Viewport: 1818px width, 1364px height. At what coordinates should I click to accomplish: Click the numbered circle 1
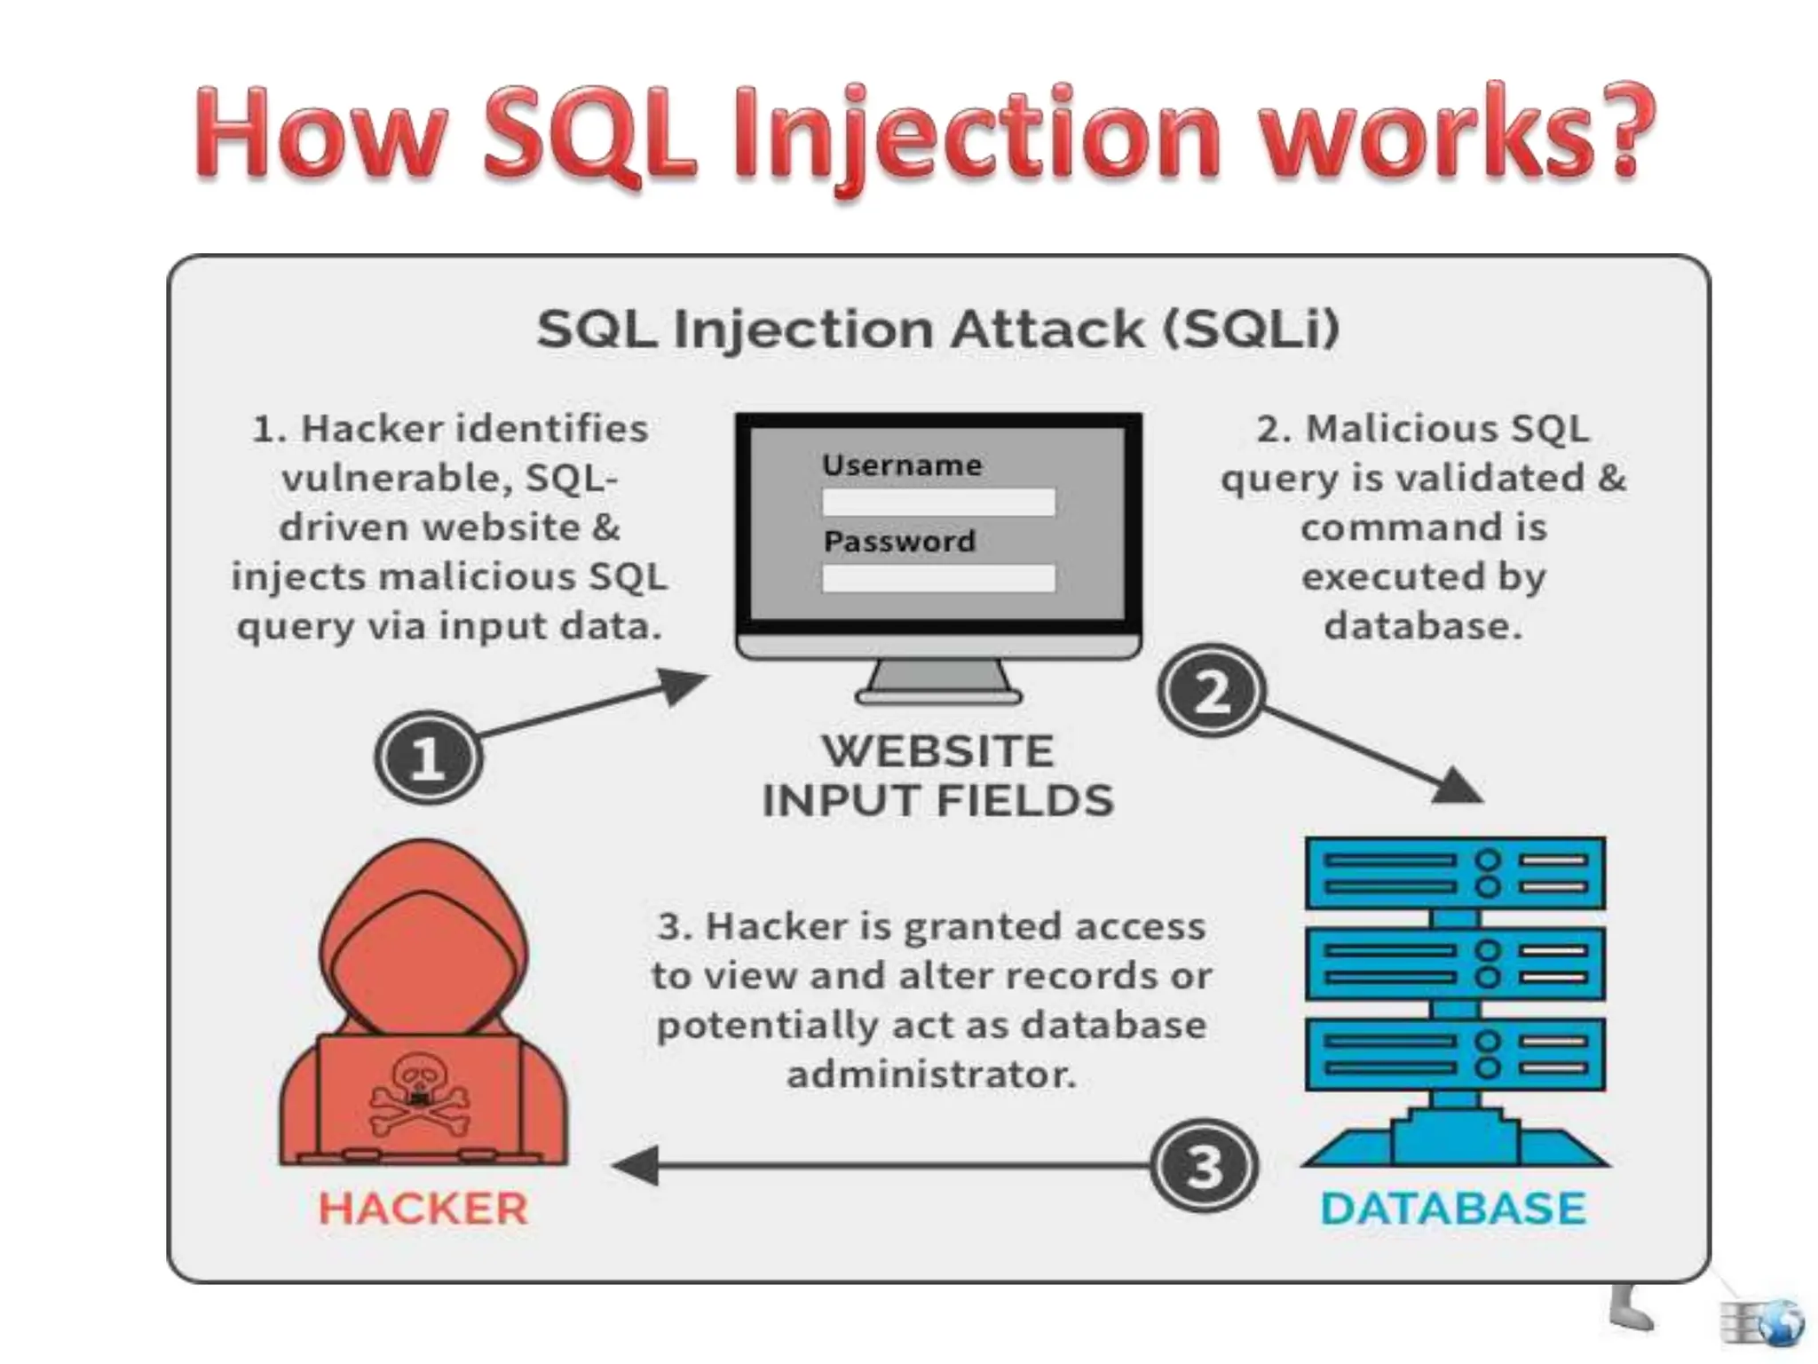429,757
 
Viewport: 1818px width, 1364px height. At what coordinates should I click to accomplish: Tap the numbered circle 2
1211,691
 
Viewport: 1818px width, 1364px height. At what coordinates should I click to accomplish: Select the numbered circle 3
1204,1165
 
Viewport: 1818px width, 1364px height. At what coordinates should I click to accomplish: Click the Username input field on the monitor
938,503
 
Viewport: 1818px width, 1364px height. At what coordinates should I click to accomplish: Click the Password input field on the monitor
938,579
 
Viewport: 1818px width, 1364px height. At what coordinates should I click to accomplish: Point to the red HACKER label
423,1209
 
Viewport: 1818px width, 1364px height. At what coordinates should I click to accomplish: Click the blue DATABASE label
1453,1209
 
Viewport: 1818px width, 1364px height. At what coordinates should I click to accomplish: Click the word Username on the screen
902,464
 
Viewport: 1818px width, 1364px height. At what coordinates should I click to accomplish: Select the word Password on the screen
899,541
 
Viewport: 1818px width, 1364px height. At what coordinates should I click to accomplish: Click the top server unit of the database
1455,873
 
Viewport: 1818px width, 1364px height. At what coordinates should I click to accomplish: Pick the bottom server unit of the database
1455,1054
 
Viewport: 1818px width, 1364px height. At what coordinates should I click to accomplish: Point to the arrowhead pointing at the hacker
636,1165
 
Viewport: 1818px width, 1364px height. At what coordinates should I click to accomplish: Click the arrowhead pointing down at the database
1456,785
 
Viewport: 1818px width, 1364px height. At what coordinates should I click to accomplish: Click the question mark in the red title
1620,133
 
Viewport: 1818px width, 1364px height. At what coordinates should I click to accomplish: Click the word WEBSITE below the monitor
937,751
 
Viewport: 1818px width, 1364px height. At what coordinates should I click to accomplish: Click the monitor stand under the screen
938,683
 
